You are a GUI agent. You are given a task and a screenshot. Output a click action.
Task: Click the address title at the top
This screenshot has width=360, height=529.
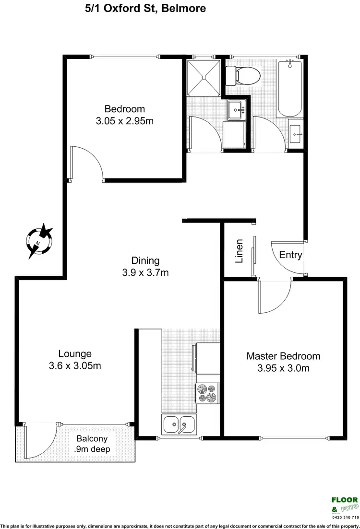(x=140, y=9)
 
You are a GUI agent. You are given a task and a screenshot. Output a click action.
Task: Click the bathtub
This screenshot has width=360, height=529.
(x=290, y=88)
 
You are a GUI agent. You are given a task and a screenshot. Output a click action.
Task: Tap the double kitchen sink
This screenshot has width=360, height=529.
(x=179, y=424)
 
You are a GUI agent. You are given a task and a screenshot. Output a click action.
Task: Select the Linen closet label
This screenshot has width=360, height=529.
(x=239, y=252)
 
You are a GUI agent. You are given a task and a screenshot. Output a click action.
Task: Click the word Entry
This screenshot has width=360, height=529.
(x=290, y=255)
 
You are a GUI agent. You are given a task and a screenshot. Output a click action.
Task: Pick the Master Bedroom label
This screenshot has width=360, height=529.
(x=283, y=356)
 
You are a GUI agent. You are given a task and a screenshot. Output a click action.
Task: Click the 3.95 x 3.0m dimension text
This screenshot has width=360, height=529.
(x=283, y=368)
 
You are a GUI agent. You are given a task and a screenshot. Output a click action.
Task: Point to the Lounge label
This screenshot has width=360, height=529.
(x=75, y=354)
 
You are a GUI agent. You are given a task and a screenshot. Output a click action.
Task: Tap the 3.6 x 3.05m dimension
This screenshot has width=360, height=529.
(x=75, y=366)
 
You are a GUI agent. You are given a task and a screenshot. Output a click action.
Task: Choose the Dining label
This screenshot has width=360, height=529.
(x=145, y=261)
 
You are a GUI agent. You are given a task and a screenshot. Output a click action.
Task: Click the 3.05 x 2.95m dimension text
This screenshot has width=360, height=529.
(x=125, y=121)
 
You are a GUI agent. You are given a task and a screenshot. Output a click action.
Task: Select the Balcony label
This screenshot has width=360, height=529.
(x=92, y=438)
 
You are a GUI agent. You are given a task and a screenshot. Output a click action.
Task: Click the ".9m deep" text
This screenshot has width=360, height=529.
(x=92, y=449)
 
